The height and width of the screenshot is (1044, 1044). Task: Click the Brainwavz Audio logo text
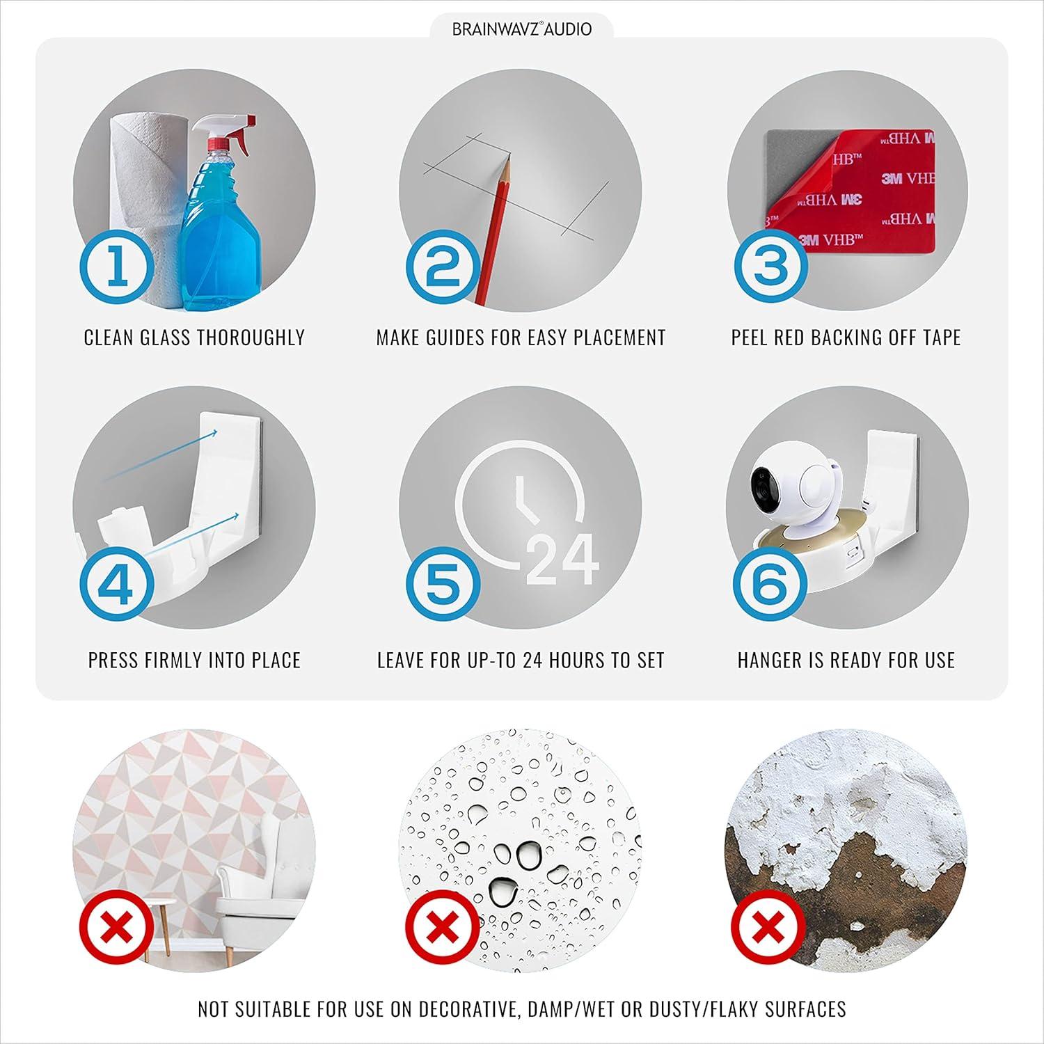coord(522,29)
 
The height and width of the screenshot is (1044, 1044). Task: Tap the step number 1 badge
coord(116,269)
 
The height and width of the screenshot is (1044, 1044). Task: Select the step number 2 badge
coord(443,269)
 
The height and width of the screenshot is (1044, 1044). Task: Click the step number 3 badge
coord(770,269)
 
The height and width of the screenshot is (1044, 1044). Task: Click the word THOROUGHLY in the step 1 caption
coord(249,338)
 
